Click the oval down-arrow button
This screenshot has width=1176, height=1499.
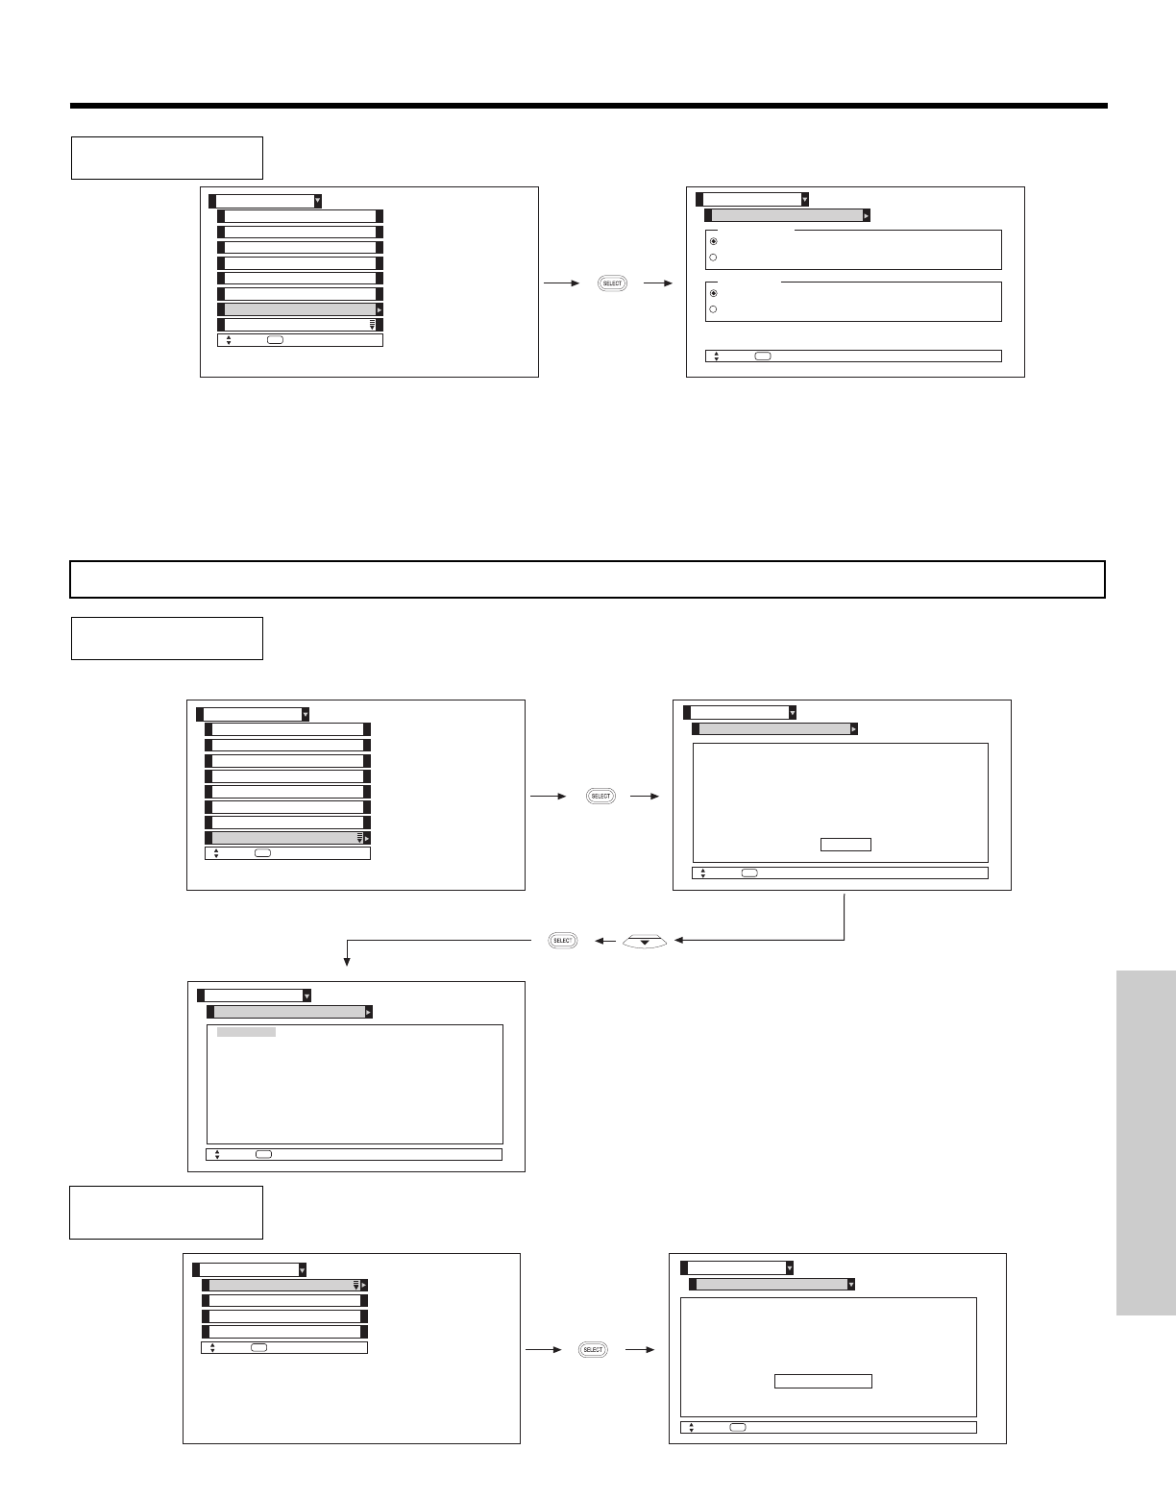[645, 941]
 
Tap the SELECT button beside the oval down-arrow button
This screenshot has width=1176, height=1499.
[562, 941]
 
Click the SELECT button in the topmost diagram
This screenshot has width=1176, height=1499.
[612, 283]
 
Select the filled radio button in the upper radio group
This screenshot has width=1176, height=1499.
[713, 241]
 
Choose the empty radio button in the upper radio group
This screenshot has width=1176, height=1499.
[713, 258]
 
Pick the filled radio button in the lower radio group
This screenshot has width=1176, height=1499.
[713, 292]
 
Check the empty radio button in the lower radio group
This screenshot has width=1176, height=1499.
[713, 309]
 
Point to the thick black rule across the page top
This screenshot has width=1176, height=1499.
[588, 106]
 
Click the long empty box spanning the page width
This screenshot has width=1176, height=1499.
[588, 579]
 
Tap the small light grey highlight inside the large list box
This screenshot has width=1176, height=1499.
[246, 1032]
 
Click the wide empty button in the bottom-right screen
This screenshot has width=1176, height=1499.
[823, 1381]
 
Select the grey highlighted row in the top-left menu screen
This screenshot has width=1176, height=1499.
[300, 310]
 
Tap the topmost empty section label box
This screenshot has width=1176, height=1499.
[166, 158]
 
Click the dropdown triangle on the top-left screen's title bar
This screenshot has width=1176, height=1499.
[318, 201]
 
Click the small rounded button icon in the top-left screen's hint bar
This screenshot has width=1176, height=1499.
[275, 340]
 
